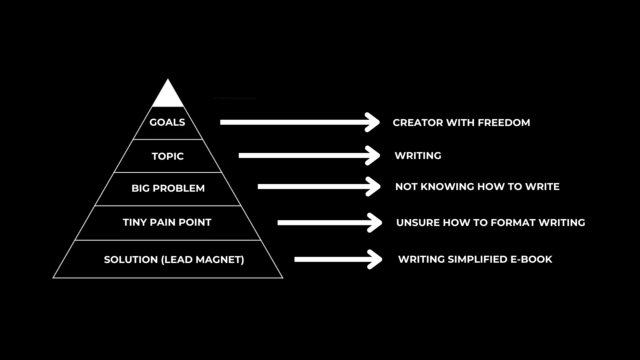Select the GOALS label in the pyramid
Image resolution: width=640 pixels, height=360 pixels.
pyautogui.click(x=167, y=122)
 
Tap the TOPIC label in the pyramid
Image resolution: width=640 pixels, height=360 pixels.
pyautogui.click(x=168, y=156)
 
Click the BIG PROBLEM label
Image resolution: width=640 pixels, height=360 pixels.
pyautogui.click(x=168, y=188)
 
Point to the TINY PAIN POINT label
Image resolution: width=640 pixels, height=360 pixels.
pyautogui.click(x=167, y=222)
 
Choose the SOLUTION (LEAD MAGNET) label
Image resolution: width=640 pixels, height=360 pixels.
pyautogui.click(x=174, y=260)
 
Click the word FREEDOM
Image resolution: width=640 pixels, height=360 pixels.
pyautogui.click(x=504, y=123)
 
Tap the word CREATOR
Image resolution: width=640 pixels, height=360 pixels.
pyautogui.click(x=418, y=123)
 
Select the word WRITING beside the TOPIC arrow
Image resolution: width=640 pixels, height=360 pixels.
pyautogui.click(x=418, y=156)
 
